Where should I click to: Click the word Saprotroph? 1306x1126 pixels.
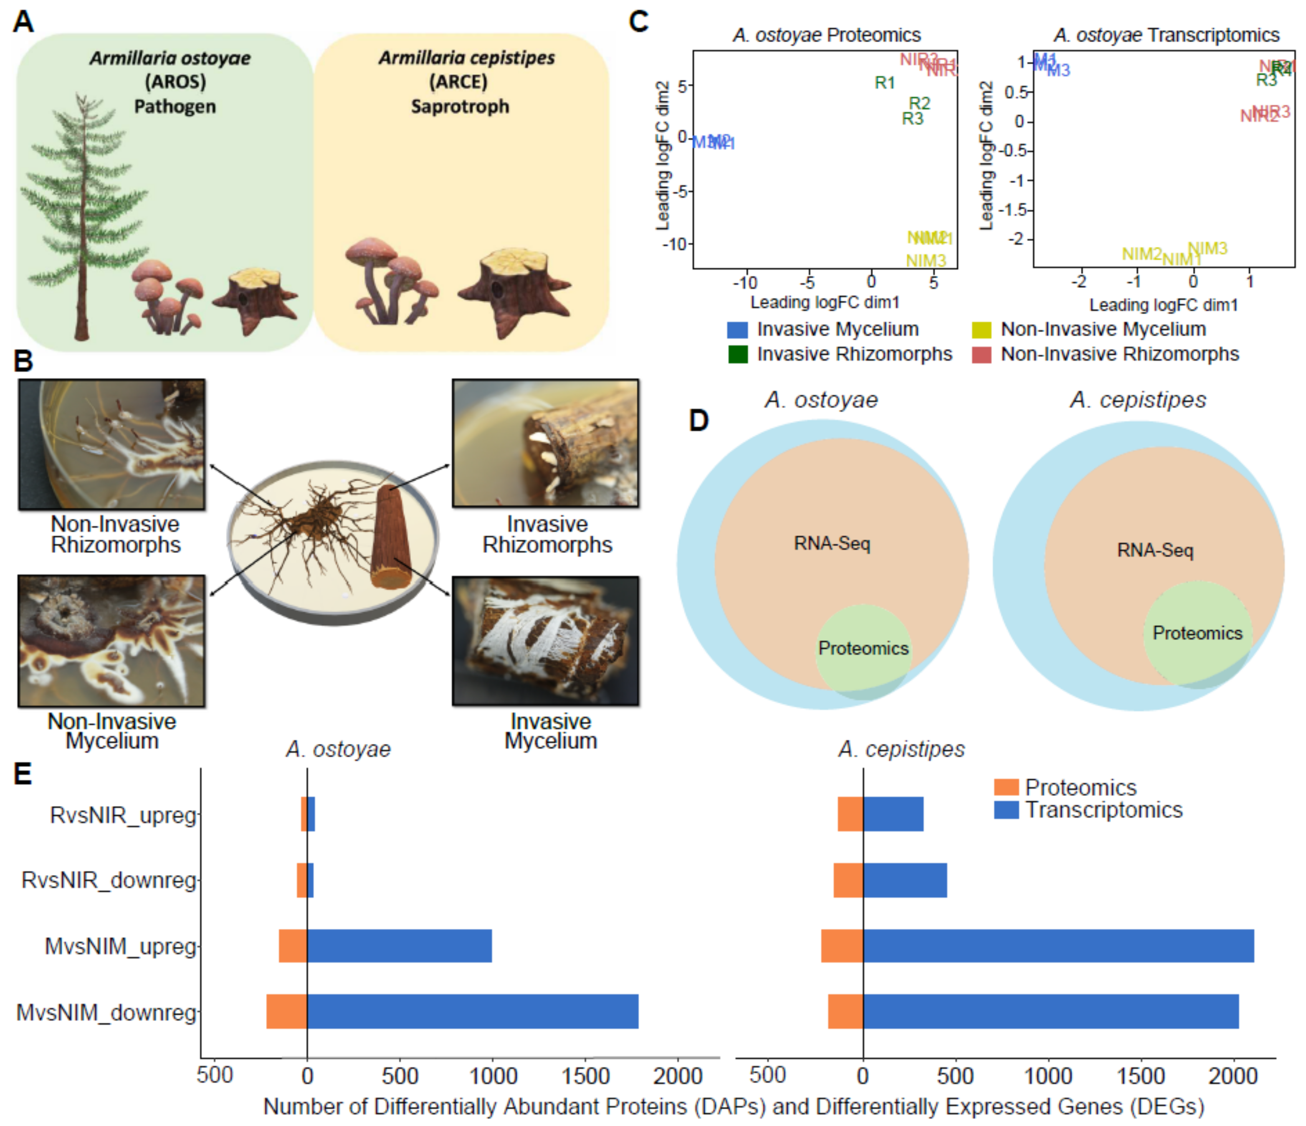460,106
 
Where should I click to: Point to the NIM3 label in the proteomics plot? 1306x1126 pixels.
926,260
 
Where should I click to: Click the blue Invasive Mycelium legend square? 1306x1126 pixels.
737,329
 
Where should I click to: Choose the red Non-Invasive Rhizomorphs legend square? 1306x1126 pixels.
982,354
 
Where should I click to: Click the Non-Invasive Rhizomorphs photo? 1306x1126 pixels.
111,444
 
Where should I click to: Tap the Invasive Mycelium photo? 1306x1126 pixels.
545,641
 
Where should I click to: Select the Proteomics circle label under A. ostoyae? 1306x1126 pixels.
863,648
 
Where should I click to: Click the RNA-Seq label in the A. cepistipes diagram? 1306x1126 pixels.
1155,550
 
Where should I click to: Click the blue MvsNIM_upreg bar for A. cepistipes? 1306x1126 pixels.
1058,946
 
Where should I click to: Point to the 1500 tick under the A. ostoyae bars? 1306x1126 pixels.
585,1076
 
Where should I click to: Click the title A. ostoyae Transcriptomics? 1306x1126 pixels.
1166,35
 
